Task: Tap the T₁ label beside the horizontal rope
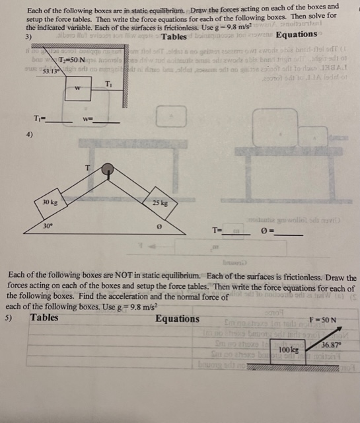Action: [x=109, y=82]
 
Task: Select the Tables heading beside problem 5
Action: [x=44, y=318]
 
